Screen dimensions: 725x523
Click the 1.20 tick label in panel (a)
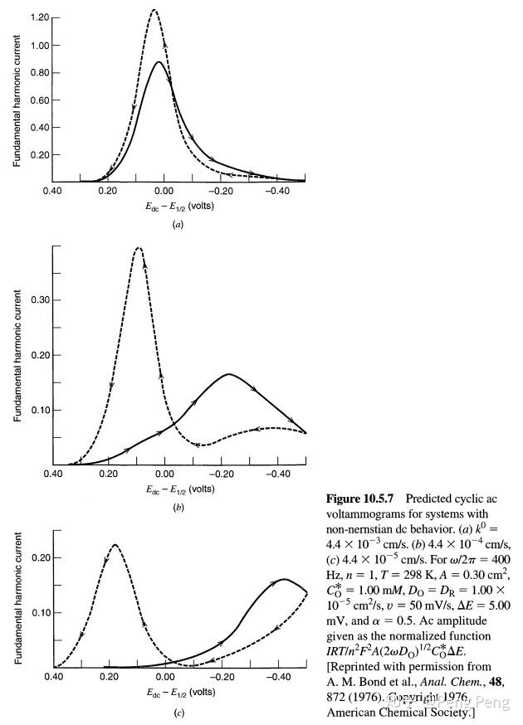[x=37, y=17]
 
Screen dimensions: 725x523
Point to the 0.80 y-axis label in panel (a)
[x=37, y=73]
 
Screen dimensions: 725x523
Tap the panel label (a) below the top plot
[x=178, y=225]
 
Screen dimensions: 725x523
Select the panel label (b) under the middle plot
[x=178, y=506]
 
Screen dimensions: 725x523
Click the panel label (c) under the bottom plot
[x=178, y=713]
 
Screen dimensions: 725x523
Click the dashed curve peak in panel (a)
[x=154, y=10]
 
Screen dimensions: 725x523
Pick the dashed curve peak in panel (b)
[x=139, y=248]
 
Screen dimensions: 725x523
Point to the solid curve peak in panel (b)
[x=228, y=374]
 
